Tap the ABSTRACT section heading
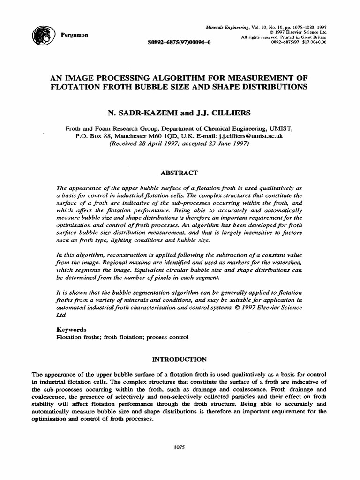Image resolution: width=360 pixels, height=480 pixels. click(180, 172)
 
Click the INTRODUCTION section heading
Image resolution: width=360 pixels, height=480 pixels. click(180, 359)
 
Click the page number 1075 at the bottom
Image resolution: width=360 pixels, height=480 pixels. click(180, 447)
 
